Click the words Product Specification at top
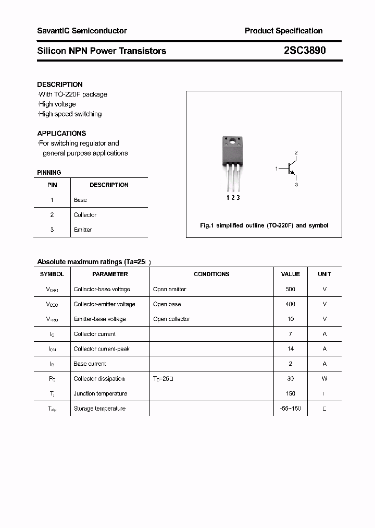click(x=283, y=31)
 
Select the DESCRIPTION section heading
click(x=60, y=85)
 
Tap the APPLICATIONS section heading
click(x=61, y=134)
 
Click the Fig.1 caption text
click(x=264, y=226)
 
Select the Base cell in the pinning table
click(x=80, y=200)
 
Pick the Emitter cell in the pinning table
click(x=83, y=230)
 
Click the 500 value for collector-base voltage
click(x=290, y=289)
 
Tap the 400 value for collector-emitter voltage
click(x=290, y=304)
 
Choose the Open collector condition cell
click(x=171, y=319)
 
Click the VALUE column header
click(x=290, y=274)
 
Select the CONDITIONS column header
click(x=211, y=274)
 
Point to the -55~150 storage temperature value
click(x=290, y=409)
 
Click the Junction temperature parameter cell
click(x=101, y=393)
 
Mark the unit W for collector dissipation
click(x=324, y=379)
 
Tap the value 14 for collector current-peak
click(x=290, y=349)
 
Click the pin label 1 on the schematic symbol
click(x=277, y=169)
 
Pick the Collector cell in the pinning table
click(x=85, y=215)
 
